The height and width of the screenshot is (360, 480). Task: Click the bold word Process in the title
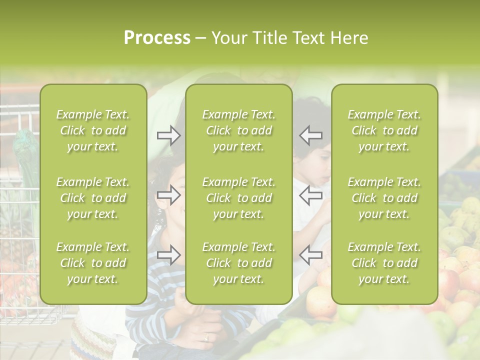click(157, 38)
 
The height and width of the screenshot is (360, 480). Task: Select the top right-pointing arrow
click(169, 135)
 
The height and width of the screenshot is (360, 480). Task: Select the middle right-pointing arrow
click(169, 195)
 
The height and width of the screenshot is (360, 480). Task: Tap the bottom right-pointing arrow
click(169, 254)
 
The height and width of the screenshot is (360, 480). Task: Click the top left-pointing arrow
click(310, 135)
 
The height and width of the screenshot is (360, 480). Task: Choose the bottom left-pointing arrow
click(310, 254)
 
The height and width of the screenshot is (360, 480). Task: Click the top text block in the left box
click(93, 130)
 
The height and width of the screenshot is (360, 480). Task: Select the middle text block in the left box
click(93, 198)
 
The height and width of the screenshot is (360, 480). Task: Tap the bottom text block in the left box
click(93, 263)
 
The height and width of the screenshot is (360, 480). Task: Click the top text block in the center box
click(238, 130)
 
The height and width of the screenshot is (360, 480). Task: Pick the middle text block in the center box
click(238, 198)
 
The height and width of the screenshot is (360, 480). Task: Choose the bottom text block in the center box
click(238, 263)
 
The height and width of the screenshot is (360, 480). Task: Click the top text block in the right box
click(384, 130)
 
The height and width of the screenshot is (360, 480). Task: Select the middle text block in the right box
click(384, 198)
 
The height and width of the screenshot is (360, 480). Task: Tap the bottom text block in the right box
click(384, 263)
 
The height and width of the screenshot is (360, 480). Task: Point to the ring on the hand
click(206, 337)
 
